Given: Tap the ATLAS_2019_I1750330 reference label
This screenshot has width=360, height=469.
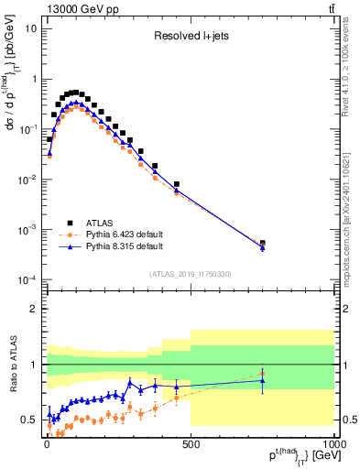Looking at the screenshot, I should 190,274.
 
